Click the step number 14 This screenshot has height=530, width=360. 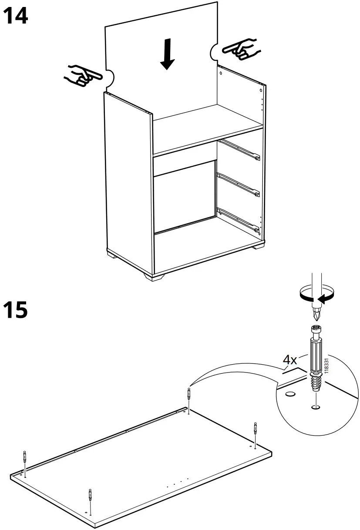pyautogui.click(x=16, y=16)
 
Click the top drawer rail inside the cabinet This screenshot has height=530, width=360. pyautogui.click(x=239, y=150)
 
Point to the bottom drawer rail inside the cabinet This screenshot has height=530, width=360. pyautogui.click(x=239, y=219)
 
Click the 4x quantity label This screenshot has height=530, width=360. pyautogui.click(x=290, y=360)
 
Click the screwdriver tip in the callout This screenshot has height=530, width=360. pyautogui.click(x=317, y=313)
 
